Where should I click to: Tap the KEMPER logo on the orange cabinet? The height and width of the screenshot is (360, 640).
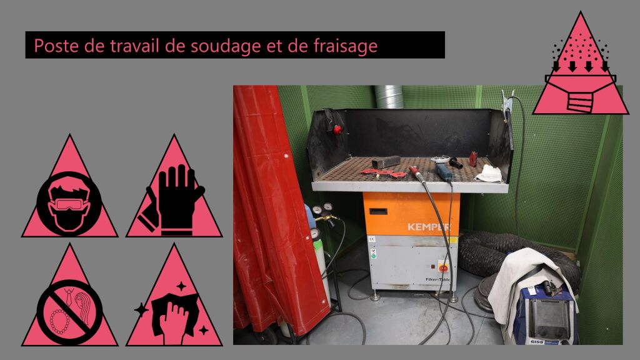tap(429, 227)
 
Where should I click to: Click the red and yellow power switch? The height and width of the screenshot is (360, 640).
tap(443, 267)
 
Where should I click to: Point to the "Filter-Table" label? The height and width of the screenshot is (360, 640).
tap(437, 279)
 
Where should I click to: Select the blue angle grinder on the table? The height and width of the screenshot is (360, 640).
tap(443, 171)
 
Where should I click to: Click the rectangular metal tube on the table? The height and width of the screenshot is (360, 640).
tap(385, 162)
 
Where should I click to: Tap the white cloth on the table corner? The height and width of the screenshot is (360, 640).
tap(489, 174)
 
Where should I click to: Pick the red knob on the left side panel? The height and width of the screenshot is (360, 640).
tap(337, 130)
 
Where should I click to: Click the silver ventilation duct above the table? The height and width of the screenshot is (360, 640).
tap(389, 97)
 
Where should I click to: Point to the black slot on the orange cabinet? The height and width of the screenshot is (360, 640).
tap(378, 211)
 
